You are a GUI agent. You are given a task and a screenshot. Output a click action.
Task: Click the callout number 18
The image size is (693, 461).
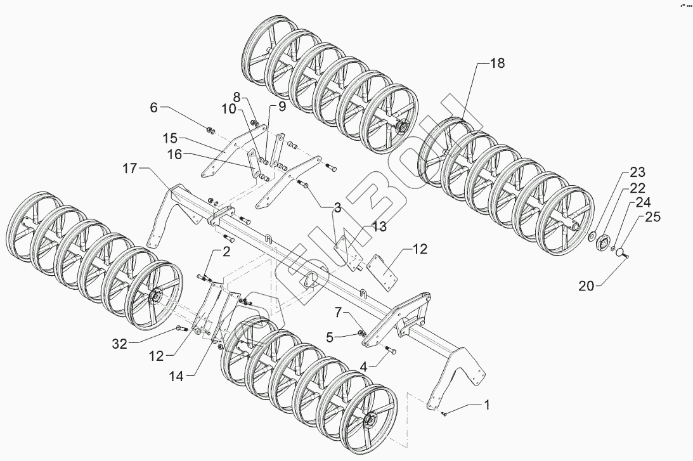(x=497, y=63)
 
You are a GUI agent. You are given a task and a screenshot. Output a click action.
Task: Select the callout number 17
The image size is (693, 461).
(x=131, y=169)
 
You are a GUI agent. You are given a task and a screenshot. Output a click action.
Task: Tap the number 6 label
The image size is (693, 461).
(x=154, y=107)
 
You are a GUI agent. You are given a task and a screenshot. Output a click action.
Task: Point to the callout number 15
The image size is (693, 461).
(x=170, y=138)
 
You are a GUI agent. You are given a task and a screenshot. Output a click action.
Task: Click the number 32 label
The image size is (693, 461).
(x=119, y=344)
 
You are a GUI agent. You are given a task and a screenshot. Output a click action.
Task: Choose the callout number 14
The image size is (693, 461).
(x=177, y=376)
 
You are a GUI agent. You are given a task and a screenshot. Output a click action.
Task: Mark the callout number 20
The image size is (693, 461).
(x=586, y=287)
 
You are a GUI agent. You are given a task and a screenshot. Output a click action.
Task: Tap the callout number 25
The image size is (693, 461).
(x=653, y=217)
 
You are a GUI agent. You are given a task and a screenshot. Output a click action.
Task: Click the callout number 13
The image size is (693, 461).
(x=379, y=227)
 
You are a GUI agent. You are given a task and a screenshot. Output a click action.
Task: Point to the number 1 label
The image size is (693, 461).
(x=487, y=405)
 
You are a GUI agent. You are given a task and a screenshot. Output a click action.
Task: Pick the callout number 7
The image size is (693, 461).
(x=339, y=313)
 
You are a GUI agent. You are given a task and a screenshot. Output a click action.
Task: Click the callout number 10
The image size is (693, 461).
(x=229, y=109)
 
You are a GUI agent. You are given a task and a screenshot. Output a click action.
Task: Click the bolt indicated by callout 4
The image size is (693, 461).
(x=391, y=351)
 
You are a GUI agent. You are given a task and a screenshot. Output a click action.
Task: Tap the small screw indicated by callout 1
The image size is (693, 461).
(x=444, y=413)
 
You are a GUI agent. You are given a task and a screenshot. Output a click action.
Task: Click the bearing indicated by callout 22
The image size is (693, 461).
(x=602, y=243)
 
